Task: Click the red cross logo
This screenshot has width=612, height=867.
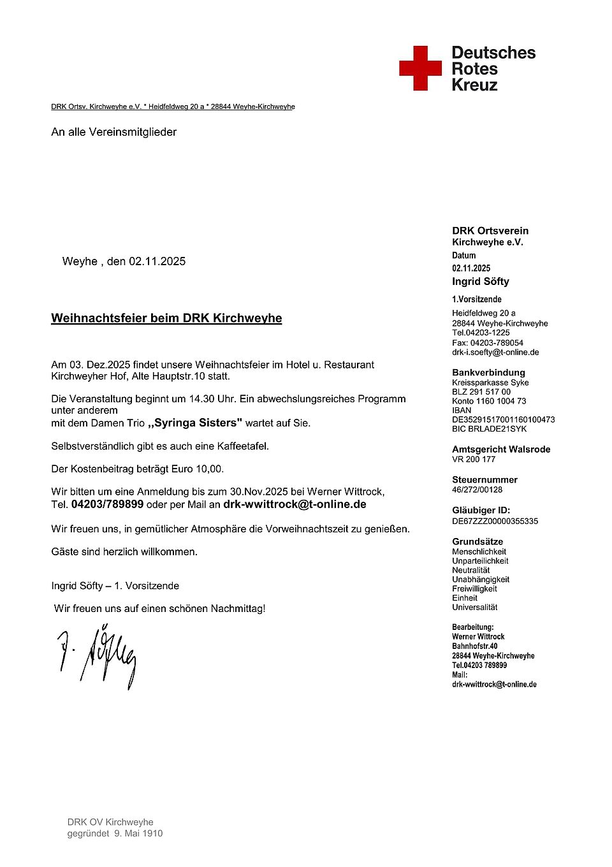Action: pos(420,68)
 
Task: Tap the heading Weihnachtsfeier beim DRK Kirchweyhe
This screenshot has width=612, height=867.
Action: pos(166,318)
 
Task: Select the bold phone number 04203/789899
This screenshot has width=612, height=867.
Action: pos(107,504)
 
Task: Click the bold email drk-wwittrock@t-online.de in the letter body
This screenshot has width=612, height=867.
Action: pos(295,504)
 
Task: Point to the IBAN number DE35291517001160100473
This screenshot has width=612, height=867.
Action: pos(503,419)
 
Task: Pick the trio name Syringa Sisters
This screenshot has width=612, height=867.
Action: pos(196,423)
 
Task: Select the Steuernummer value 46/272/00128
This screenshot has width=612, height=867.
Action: pos(477,490)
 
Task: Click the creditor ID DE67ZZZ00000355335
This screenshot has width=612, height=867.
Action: pos(495,521)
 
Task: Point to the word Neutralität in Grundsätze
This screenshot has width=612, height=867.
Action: pos(470,570)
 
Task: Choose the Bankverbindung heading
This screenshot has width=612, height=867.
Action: pos(488,372)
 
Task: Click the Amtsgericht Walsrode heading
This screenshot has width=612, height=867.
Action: pos(501,449)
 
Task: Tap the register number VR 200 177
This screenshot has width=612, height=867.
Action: pos(474,459)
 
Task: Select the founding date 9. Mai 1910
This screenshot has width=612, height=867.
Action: pos(138,833)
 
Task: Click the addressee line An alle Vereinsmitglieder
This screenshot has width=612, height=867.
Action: pos(114,132)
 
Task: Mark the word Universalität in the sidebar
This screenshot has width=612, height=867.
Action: pos(474,607)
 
